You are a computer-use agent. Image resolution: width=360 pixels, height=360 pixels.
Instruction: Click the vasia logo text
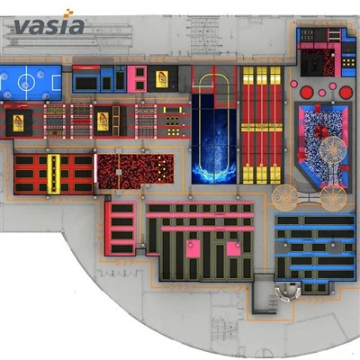pos(49,26)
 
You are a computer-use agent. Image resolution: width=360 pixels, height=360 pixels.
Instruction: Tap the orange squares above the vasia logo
pos(67,13)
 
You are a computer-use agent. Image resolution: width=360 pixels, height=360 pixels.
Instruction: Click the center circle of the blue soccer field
pos(24,82)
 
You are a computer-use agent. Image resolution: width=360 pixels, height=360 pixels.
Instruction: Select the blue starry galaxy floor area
pos(213,139)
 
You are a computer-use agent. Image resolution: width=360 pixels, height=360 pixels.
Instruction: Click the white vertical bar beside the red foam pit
pos(95,168)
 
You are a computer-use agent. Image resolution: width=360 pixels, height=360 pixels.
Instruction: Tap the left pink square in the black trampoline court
pos(193,248)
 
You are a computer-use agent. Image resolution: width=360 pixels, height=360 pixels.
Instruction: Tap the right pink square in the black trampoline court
pos(233,249)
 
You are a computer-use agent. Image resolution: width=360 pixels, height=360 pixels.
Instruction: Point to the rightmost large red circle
pos(346,93)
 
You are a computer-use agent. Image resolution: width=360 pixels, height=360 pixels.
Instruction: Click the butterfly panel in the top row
pos(162,79)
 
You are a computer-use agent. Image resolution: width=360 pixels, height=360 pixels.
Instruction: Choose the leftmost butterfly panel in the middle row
pos(18,123)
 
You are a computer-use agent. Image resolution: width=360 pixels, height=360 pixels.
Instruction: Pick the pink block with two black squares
pos(137,79)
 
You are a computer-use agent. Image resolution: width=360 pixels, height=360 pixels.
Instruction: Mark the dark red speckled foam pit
pos(136,171)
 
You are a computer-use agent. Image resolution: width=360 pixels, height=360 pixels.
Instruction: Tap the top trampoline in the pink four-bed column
pos(122,208)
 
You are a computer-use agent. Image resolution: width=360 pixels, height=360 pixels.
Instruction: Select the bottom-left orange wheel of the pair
pos(285,197)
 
